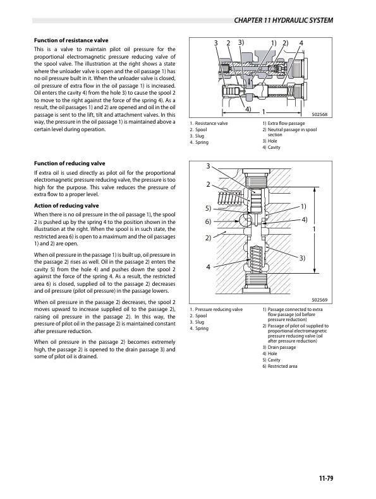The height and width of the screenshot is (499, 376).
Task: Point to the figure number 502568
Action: coord(322,115)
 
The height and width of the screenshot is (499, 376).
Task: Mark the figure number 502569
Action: coord(322,300)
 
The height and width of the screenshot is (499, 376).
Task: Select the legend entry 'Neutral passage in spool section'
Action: coord(288,132)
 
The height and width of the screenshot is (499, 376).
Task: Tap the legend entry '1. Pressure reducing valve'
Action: coord(215,310)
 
